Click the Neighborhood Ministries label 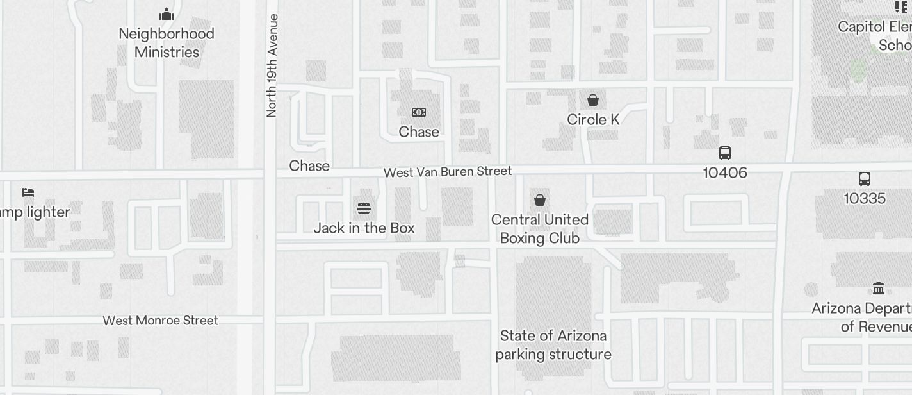point(167,43)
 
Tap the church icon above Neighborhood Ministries point(167,14)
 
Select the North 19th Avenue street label point(272,66)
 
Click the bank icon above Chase point(419,112)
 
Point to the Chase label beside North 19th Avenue point(309,165)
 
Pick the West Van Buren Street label point(448,172)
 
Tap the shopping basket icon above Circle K point(593,100)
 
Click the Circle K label point(593,120)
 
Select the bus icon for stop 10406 point(725,153)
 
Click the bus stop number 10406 point(725,172)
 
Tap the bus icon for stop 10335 point(865,179)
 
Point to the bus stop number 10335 point(865,198)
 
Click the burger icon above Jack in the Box point(364,208)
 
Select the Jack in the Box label point(364,228)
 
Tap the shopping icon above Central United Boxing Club point(540,200)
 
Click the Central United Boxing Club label point(540,229)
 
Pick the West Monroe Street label point(161,321)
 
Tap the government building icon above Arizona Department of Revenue point(879,289)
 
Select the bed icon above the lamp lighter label point(28,192)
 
